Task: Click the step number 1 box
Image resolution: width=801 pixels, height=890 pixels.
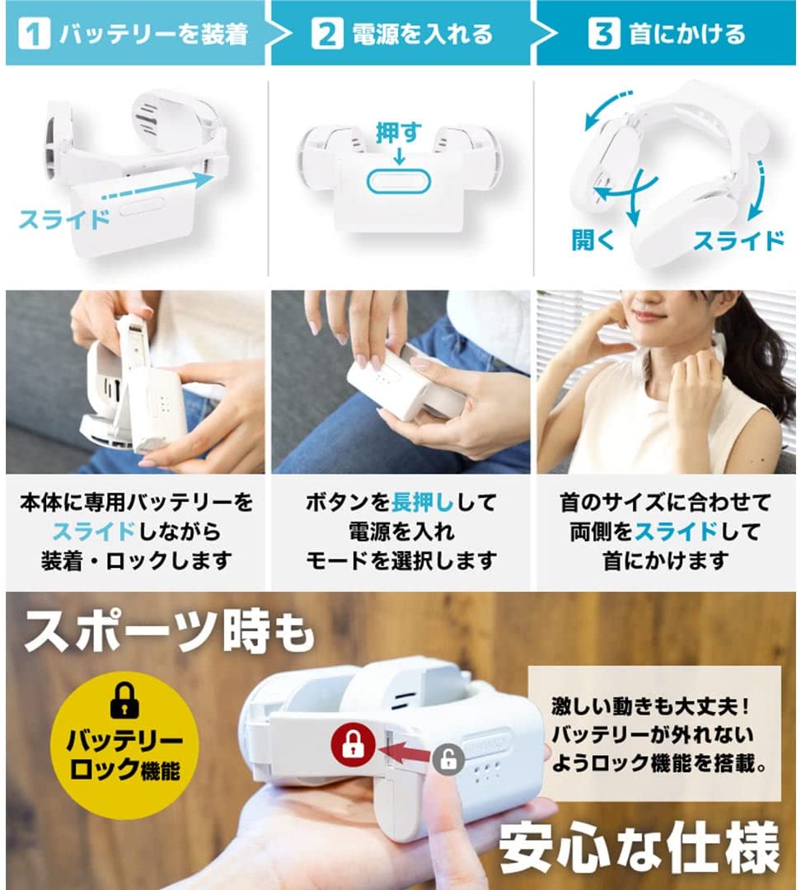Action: pos(34,34)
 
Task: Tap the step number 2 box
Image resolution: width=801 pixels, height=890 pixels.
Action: pos(327,34)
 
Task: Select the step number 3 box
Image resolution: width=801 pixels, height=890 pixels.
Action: pos(603,34)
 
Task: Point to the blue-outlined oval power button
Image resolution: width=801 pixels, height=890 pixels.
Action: pos(399,181)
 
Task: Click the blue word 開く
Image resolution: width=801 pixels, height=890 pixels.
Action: pos(593,240)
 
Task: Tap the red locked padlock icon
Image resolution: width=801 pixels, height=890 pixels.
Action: pos(353,745)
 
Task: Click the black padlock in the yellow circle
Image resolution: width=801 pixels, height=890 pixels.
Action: pos(124,700)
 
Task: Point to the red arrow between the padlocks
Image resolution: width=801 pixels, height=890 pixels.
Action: pos(405,752)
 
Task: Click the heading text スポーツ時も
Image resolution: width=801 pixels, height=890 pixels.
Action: pos(169,630)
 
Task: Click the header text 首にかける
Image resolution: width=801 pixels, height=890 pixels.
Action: pos(687,34)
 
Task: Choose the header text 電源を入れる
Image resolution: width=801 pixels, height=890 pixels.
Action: pos(423,34)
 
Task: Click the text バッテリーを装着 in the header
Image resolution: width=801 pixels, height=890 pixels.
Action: pos(154,34)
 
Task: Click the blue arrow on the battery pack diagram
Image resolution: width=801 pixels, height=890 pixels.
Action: pos(158,188)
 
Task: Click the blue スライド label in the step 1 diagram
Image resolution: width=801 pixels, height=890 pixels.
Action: pos(64,219)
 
